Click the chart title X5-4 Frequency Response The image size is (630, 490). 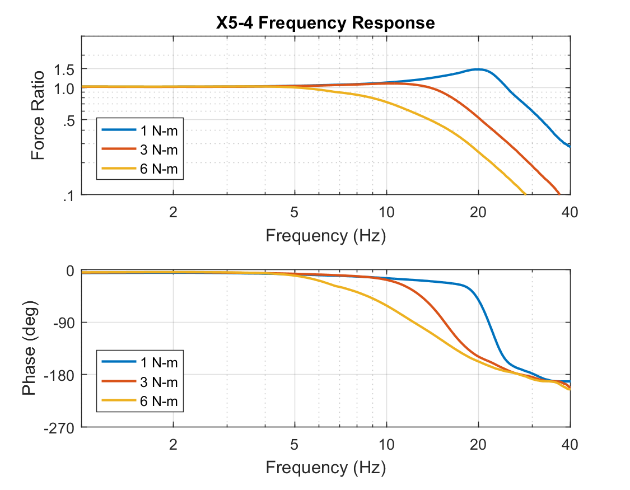click(325, 23)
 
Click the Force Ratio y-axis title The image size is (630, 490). click(38, 115)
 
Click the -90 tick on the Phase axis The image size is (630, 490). click(65, 323)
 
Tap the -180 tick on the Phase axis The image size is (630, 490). click(62, 375)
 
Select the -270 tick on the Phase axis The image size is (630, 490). click(62, 427)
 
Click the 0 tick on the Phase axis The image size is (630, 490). click(71, 270)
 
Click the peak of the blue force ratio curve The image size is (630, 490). click(477, 69)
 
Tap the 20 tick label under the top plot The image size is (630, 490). click(478, 212)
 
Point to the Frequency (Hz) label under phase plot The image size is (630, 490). click(325, 467)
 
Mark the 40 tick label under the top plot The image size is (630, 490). click(570, 212)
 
